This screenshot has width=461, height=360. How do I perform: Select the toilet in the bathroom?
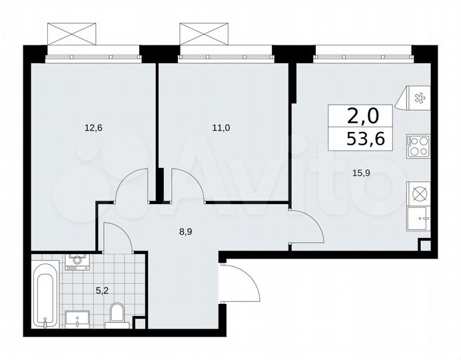(x=117, y=314)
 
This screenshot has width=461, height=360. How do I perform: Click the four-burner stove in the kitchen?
(x=420, y=145)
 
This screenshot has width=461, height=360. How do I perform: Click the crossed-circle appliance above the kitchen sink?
(x=420, y=193)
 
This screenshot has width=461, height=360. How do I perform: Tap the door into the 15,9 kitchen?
(x=306, y=227)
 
